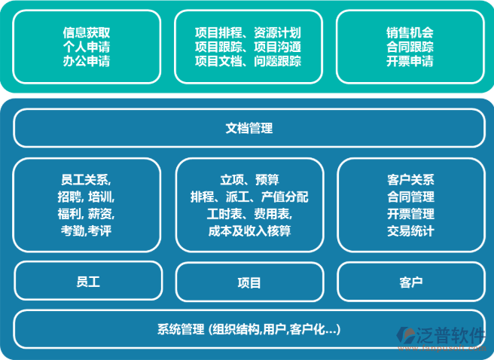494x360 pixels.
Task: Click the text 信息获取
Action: pos(87,33)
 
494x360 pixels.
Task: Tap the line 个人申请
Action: pos(87,47)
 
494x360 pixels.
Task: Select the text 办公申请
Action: pos(87,60)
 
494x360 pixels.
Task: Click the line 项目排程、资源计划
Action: pos(248,33)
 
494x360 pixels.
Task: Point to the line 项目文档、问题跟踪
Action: pos(248,60)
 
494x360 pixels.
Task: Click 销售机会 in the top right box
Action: pos(410,33)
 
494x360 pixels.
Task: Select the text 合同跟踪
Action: pos(410,47)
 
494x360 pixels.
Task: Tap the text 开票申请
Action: pos(410,60)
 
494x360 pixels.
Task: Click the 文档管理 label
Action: pos(249,128)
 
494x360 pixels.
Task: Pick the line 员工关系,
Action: pos(87,179)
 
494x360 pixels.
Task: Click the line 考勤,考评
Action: pos(87,231)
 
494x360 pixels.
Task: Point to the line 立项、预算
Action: pos(249,179)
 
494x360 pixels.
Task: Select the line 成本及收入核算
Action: pos(249,231)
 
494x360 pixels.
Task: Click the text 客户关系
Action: pos(410,179)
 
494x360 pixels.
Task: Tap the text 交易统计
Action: pos(410,231)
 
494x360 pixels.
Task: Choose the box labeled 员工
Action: pos(87,281)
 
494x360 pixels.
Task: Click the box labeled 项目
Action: pos(249,282)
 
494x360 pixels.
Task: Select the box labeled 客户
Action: pos(410,282)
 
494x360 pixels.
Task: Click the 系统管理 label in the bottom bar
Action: pos(181,329)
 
